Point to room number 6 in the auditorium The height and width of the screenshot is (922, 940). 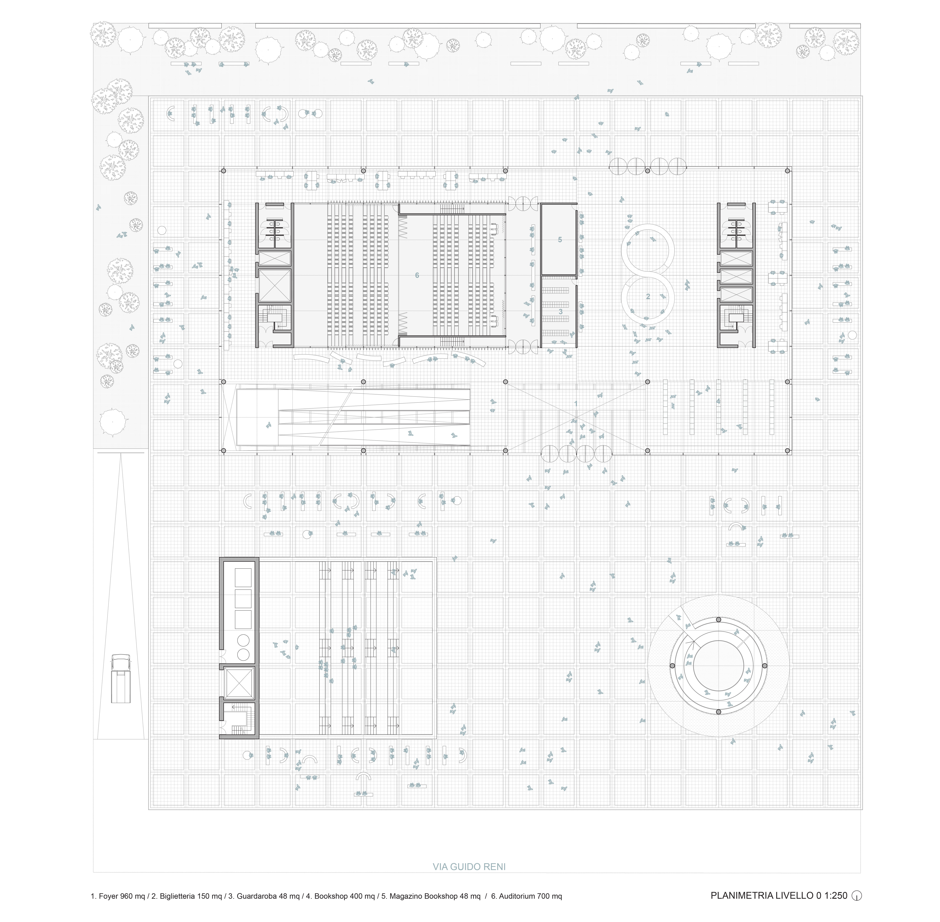tap(417, 275)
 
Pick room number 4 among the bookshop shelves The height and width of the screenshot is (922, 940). tap(719, 401)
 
